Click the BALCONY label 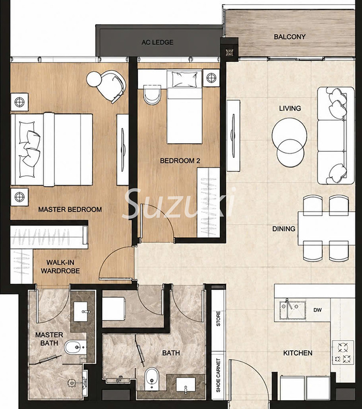(290, 37)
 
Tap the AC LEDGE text (157, 42)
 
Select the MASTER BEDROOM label (70, 209)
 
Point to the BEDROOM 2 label (180, 161)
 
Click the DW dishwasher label (318, 310)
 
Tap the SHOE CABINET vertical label (218, 375)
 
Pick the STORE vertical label (218, 318)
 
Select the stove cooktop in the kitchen (343, 353)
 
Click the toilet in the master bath (75, 347)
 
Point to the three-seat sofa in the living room (336, 135)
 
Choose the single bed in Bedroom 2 (185, 107)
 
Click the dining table (326, 229)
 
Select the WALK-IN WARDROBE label (60, 267)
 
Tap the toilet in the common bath (152, 379)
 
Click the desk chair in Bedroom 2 (152, 95)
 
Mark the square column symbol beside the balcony (229, 52)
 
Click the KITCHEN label (297, 353)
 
